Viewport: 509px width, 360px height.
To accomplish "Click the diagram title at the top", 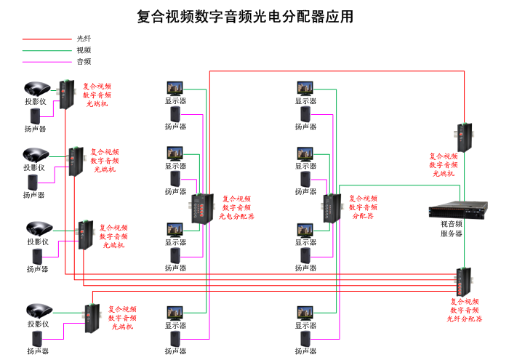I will click(246, 17).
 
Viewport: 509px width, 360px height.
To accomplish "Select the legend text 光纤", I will click(84, 38).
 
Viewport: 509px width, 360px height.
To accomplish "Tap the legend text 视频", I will click(84, 50).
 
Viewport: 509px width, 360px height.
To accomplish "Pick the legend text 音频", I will click(84, 62).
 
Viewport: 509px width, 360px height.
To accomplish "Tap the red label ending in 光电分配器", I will click(238, 207).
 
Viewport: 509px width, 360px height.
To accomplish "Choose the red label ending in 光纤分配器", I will click(465, 310).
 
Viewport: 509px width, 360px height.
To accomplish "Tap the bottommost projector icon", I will click(39, 311).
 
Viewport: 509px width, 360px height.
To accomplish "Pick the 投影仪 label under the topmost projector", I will click(36, 102).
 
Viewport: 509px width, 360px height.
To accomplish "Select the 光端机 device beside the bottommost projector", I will click(92, 318).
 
